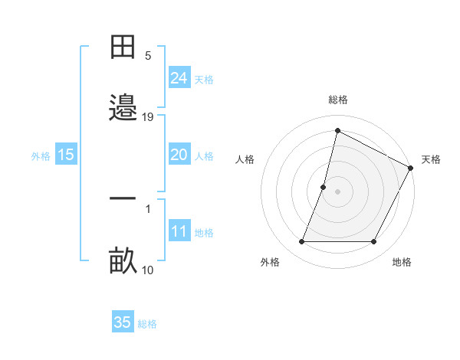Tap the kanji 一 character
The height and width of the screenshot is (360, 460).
pyautogui.click(x=123, y=198)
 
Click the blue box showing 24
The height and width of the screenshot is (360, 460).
pyautogui.click(x=179, y=78)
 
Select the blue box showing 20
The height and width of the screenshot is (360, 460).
pyautogui.click(x=179, y=155)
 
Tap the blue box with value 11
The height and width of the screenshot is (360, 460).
pyautogui.click(x=179, y=231)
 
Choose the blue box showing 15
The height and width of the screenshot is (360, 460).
pyautogui.click(x=66, y=155)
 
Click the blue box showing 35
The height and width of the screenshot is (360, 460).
pyautogui.click(x=123, y=322)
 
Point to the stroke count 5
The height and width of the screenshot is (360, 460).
pyautogui.click(x=148, y=56)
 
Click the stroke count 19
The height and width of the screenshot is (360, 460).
pyautogui.click(x=148, y=117)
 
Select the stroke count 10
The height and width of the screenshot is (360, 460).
pyautogui.click(x=148, y=270)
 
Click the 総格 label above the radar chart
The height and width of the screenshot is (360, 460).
pyautogui.click(x=338, y=100)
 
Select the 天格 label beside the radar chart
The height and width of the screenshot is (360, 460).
pyautogui.click(x=431, y=159)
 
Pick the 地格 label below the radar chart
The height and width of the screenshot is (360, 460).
pyautogui.click(x=402, y=262)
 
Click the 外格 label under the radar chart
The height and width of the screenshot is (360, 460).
pyautogui.click(x=270, y=262)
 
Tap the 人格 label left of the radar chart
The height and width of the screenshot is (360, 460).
pyautogui.click(x=245, y=159)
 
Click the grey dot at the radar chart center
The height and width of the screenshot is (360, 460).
pyautogui.click(x=338, y=191)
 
